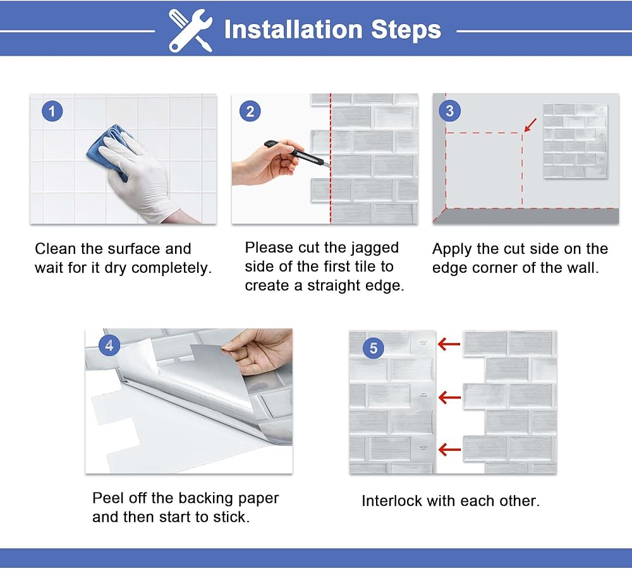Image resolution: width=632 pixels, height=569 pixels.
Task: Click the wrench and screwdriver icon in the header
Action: [x=191, y=30]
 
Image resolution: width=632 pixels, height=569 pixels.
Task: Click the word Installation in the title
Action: [x=293, y=30]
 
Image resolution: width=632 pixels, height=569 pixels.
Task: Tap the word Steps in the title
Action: [x=406, y=30]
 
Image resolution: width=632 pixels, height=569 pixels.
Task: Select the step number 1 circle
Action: [x=52, y=111]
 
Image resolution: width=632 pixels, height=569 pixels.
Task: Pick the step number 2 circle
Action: [x=250, y=111]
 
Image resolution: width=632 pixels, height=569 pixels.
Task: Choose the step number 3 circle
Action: [x=449, y=111]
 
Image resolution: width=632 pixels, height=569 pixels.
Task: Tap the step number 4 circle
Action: [x=109, y=345]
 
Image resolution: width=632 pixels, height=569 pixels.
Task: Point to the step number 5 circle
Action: [x=374, y=347]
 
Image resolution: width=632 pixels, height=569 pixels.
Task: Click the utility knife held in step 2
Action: [x=296, y=153]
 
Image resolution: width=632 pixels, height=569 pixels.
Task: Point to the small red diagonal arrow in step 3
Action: [x=530, y=124]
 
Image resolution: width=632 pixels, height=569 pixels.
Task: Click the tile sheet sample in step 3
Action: [x=576, y=141]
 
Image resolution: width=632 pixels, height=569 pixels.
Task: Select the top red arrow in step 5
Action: [x=449, y=344]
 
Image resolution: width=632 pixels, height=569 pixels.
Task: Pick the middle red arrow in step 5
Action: [x=449, y=397]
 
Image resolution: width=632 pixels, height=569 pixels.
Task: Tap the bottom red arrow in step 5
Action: [x=449, y=450]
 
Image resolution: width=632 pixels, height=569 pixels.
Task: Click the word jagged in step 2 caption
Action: [x=375, y=248]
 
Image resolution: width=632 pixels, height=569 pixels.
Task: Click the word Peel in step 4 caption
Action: [x=108, y=498]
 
